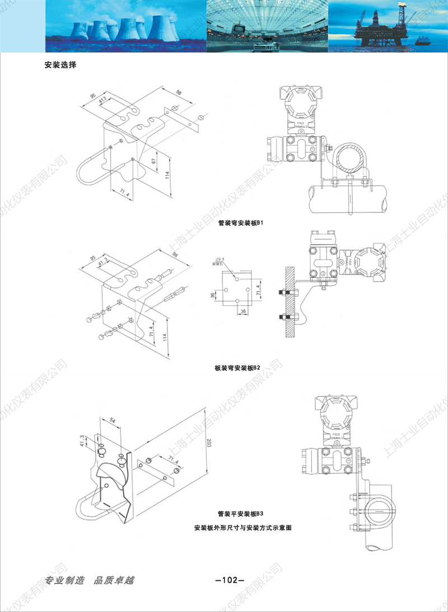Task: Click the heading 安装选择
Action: pyautogui.click(x=60, y=64)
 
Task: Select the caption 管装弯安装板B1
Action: pyautogui.click(x=240, y=222)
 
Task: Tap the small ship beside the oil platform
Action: pyautogui.click(x=423, y=41)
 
